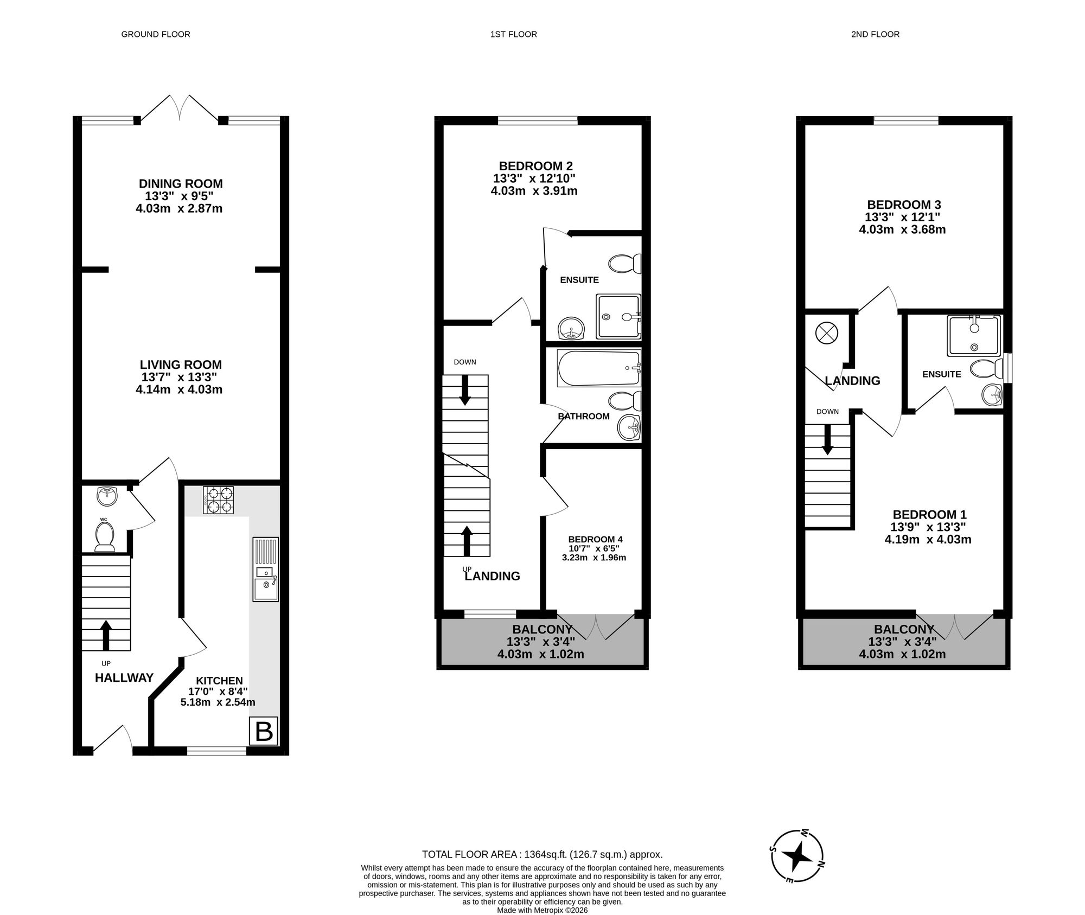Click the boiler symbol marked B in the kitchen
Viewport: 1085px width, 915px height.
264,732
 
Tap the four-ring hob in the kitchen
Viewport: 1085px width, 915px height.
218,500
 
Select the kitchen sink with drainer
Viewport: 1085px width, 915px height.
265,569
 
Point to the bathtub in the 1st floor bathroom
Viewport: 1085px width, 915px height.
599,368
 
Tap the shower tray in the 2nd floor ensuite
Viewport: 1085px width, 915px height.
973,336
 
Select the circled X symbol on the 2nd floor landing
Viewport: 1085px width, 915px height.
827,333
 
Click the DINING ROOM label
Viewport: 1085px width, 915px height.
181,184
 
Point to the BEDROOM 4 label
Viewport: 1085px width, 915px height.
595,539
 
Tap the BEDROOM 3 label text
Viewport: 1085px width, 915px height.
904,204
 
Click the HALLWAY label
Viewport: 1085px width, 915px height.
124,677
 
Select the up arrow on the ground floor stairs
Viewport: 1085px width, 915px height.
106,635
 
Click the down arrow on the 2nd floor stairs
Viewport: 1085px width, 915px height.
827,439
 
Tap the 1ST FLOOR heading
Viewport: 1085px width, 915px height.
513,34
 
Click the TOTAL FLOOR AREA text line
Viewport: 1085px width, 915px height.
542,854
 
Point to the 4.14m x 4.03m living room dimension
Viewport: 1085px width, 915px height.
179,389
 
